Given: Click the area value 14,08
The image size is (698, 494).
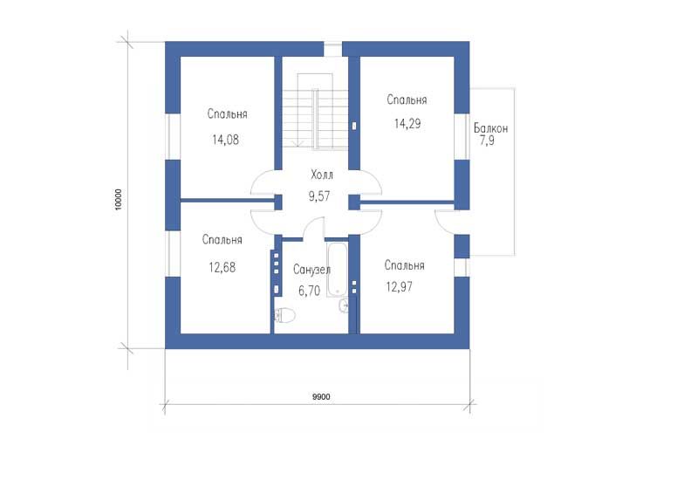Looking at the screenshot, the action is tap(225, 140).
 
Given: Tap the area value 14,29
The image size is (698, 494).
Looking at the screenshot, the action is tap(407, 123).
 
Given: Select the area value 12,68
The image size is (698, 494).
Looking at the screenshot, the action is tap(222, 267).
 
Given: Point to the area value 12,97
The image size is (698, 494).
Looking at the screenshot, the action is tap(400, 286).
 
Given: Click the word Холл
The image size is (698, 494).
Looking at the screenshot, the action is tap(321, 175).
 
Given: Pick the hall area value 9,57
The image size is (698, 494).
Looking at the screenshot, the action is tap(319, 196).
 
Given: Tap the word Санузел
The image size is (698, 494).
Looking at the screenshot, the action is tap(311, 270).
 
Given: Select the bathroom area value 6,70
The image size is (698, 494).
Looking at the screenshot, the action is tap(309, 291).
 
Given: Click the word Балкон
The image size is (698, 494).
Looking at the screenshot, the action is tap(490, 128).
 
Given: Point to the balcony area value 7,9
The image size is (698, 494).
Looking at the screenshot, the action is tap(487, 141).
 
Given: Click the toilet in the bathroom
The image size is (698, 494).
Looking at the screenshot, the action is tap(285, 315).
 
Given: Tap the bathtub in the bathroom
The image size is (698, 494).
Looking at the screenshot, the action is tap(338, 269).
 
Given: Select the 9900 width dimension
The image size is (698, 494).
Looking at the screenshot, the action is tap(321, 397).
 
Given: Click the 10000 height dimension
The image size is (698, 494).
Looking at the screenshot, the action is tap(118, 199).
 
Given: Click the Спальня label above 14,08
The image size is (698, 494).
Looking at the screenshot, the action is tap(227, 114).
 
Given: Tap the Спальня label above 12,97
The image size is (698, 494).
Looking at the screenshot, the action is tap(404, 265).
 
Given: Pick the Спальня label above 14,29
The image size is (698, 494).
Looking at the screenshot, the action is tap(407, 99).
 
